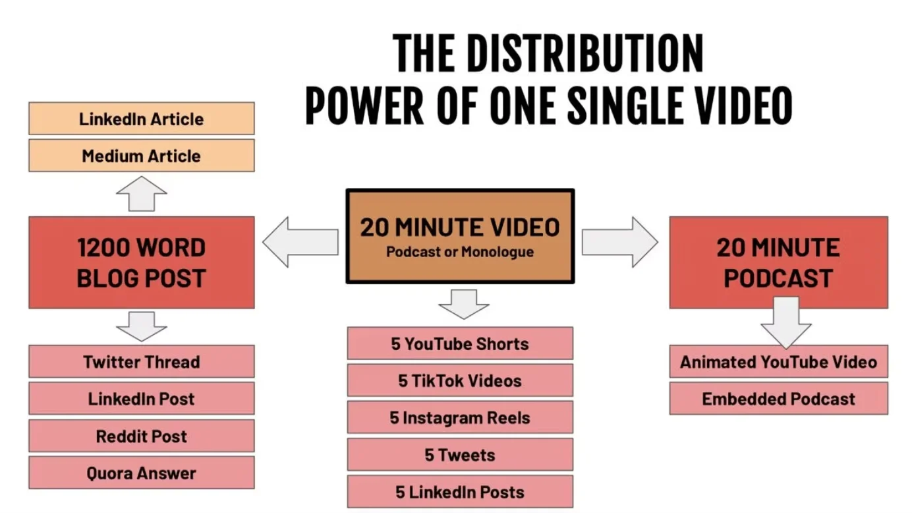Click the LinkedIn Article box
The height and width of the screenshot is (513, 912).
click(x=141, y=119)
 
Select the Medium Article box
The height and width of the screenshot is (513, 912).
click(x=141, y=156)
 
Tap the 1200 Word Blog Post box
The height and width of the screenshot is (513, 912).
click(x=141, y=262)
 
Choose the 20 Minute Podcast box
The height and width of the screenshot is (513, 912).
click(x=778, y=262)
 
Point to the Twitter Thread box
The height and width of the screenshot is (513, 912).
click(x=141, y=362)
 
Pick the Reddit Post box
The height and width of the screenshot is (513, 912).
click(x=141, y=436)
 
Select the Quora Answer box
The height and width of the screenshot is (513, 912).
click(x=141, y=473)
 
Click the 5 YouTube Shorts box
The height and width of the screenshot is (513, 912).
click(x=460, y=344)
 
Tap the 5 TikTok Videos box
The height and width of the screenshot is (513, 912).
click(x=460, y=380)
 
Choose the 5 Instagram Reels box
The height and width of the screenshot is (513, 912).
click(x=460, y=417)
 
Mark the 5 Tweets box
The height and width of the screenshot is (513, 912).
click(x=460, y=455)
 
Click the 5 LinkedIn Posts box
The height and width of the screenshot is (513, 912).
click(x=460, y=492)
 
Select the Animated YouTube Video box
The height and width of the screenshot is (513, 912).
click(x=778, y=362)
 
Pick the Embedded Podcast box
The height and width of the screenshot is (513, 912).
click(x=778, y=399)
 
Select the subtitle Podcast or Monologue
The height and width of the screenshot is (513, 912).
click(x=460, y=251)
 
